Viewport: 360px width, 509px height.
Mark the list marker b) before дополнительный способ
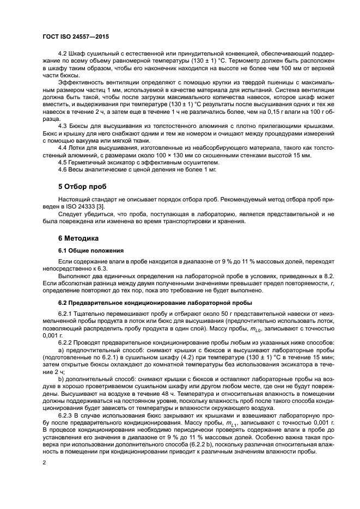(61, 378)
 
